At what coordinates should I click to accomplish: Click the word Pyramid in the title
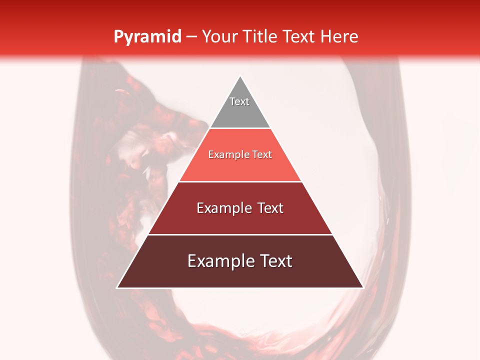(x=147, y=37)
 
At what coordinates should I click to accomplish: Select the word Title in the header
(x=261, y=37)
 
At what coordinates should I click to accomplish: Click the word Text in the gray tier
(x=239, y=101)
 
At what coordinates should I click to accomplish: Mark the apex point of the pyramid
(x=240, y=76)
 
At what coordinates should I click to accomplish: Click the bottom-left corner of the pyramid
(x=117, y=287)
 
